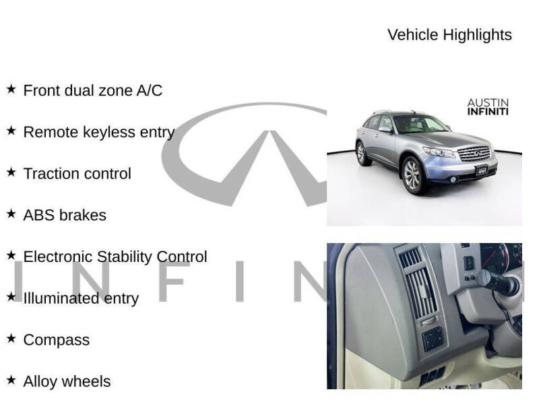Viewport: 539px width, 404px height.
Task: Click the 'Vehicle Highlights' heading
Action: pyautogui.click(x=449, y=35)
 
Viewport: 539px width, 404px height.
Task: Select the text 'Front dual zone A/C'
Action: pyautogui.click(x=92, y=90)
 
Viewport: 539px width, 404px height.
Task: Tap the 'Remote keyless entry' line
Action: pyautogui.click(x=98, y=132)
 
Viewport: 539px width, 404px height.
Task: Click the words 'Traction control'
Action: pyautogui.click(x=77, y=174)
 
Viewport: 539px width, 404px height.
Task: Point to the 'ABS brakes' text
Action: pyautogui.click(x=65, y=215)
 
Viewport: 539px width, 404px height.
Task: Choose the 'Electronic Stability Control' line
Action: pyautogui.click(x=115, y=257)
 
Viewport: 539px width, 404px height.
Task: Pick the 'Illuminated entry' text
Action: pyautogui.click(x=81, y=298)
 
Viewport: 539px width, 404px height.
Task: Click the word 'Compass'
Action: pyautogui.click(x=56, y=340)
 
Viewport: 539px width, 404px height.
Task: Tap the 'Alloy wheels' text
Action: pyautogui.click(x=67, y=382)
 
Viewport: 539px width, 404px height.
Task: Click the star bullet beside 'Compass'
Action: pyautogui.click(x=11, y=339)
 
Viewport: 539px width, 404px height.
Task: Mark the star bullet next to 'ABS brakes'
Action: pyautogui.click(x=11, y=214)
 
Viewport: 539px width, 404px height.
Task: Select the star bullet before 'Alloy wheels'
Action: pyautogui.click(x=11, y=380)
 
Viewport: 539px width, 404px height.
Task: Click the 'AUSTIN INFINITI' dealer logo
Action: pyautogui.click(x=488, y=107)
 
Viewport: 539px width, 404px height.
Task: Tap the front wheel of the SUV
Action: pyautogui.click(x=412, y=176)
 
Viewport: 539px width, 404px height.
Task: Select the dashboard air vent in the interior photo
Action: pyautogui.click(x=412, y=283)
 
